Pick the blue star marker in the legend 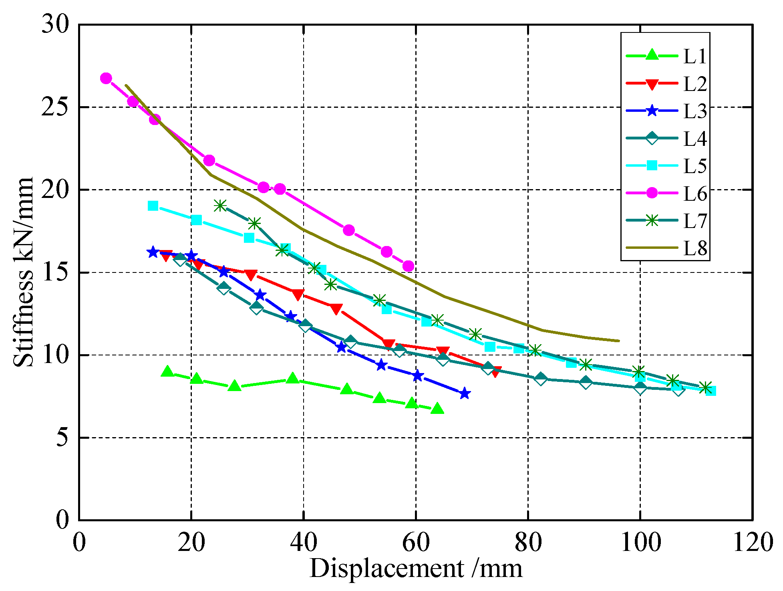(x=652, y=111)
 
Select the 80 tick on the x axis (x=528, y=543)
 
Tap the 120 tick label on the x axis (x=752, y=543)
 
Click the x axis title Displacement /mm (x=415, y=569)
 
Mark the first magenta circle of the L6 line (x=106, y=78)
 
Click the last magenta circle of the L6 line (x=408, y=266)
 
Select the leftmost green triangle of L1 (x=167, y=372)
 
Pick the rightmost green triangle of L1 (x=437, y=409)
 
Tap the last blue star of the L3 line (x=464, y=393)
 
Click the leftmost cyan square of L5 (x=153, y=206)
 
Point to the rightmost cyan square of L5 (x=711, y=391)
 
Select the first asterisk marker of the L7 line (x=220, y=206)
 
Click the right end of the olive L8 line (x=619, y=341)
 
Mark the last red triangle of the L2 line (x=496, y=372)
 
